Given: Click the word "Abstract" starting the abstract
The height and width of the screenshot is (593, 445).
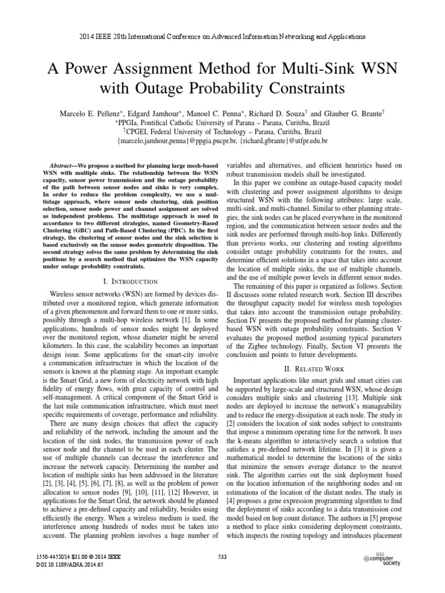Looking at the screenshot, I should click(x=64, y=166).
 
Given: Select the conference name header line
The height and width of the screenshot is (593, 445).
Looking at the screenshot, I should click(x=222, y=36).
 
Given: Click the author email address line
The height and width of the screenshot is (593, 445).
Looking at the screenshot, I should click(x=222, y=141).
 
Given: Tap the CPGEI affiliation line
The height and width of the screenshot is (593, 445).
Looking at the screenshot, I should click(x=222, y=131).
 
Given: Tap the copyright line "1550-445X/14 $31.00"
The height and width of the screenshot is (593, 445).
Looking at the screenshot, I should click(x=67, y=557).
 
